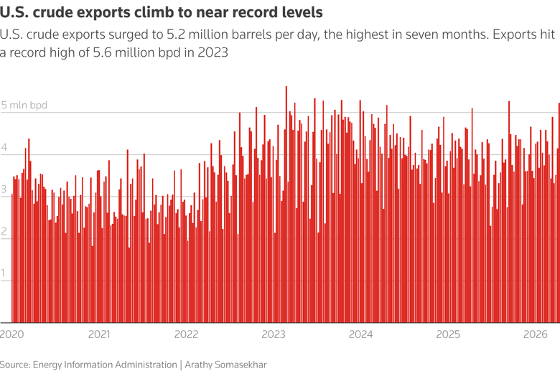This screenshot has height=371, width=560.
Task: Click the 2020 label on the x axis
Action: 11,334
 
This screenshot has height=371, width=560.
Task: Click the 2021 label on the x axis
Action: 99,334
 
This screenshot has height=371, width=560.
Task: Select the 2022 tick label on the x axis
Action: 187,334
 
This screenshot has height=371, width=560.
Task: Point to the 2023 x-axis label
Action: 274,334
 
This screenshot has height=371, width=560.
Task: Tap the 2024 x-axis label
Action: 361,334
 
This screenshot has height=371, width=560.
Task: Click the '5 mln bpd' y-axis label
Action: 24,105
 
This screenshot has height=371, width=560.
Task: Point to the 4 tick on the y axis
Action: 4,148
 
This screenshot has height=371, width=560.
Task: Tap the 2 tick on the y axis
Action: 4,232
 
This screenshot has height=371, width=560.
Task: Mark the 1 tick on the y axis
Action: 4,274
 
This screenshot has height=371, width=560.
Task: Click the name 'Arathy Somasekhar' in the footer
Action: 225,365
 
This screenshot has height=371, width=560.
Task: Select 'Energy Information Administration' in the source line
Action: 105,365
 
